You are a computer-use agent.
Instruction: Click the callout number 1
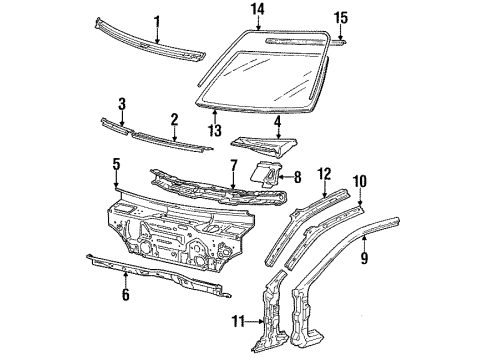pyautogui.click(x=157, y=23)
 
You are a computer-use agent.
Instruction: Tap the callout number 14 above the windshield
pyautogui.click(x=258, y=9)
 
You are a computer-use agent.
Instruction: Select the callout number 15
pyautogui.click(x=341, y=18)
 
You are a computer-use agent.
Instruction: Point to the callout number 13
pyautogui.click(x=216, y=130)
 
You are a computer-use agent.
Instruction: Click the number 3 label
pyautogui.click(x=122, y=104)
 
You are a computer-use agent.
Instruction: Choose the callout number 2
pyautogui.click(x=174, y=120)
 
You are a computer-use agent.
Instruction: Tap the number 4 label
pyautogui.click(x=277, y=122)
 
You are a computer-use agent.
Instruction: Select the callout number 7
pyautogui.click(x=233, y=167)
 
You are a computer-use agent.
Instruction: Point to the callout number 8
pyautogui.click(x=297, y=177)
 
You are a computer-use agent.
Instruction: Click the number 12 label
pyautogui.click(x=324, y=174)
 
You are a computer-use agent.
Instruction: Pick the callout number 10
pyautogui.click(x=360, y=181)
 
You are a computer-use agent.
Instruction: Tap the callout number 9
pyautogui.click(x=364, y=258)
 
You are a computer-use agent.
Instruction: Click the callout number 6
pyautogui.click(x=125, y=295)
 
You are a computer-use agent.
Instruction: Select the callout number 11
pyautogui.click(x=238, y=322)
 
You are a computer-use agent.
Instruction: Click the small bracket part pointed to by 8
pyautogui.click(x=266, y=173)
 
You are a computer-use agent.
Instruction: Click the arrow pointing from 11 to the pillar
pyautogui.click(x=255, y=322)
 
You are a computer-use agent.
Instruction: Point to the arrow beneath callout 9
pyautogui.click(x=364, y=242)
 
